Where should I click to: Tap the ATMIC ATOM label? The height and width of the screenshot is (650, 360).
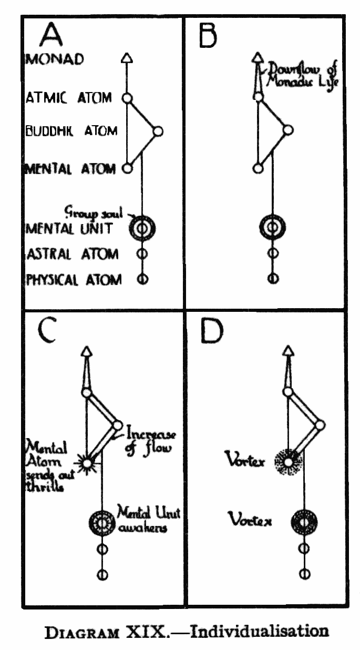[x=68, y=98]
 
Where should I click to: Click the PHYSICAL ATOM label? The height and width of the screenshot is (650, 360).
[x=73, y=279]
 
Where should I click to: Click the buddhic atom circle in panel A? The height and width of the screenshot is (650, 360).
[x=158, y=131]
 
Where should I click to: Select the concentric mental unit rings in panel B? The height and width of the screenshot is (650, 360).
[x=271, y=227]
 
